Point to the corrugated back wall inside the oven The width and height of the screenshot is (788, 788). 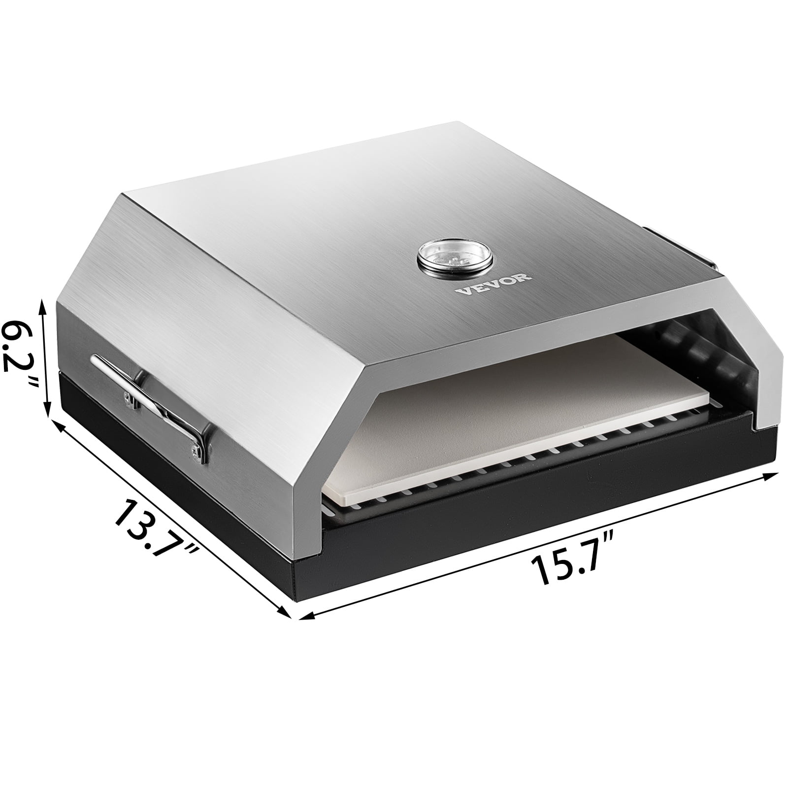[689, 355]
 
